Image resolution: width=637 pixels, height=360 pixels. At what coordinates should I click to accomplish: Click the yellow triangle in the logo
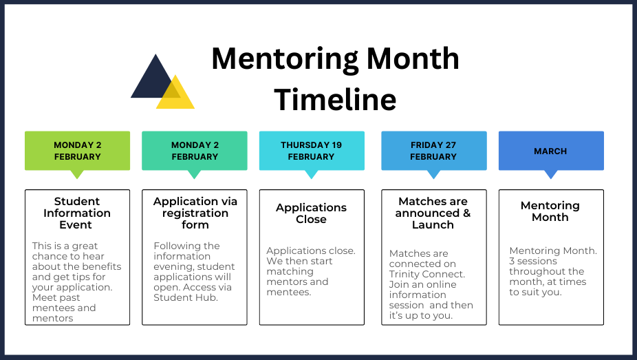point(175,96)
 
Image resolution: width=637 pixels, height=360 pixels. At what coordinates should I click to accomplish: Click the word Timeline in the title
point(335,100)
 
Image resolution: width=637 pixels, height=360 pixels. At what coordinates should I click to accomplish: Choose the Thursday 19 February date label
point(312,151)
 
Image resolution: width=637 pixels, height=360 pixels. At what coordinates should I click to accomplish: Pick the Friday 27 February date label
point(434,151)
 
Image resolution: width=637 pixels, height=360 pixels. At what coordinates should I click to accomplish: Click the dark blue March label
point(551,151)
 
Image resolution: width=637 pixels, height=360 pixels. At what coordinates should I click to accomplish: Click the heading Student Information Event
point(77,213)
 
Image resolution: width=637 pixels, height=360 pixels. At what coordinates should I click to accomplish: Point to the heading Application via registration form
point(195,213)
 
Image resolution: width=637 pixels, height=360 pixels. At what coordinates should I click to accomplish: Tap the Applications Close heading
point(311,213)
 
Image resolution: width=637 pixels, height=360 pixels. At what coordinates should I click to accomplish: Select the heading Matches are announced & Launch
point(433,213)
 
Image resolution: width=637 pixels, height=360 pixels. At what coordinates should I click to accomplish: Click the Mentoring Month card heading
point(550,211)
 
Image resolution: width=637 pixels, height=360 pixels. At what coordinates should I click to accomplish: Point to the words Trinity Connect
point(427,274)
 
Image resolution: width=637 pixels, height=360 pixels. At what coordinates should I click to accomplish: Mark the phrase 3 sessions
point(533,262)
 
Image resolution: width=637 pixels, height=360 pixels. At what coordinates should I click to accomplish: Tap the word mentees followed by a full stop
point(289,293)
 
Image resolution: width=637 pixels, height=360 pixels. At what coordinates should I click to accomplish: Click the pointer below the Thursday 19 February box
point(312,174)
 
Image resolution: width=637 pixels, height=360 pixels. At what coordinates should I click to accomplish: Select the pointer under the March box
point(551,174)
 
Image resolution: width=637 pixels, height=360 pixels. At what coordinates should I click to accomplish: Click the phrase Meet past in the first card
point(56,298)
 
